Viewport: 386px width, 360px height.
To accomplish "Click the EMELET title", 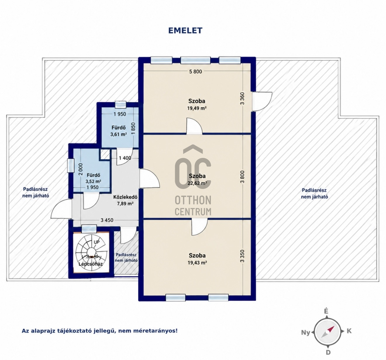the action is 185,30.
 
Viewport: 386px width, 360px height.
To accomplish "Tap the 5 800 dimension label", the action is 196,72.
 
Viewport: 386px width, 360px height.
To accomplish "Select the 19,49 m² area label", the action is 197,108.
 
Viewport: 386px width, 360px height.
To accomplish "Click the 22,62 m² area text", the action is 197,183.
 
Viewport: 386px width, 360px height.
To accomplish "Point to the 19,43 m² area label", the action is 197,263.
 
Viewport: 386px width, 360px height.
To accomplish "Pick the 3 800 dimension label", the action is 242,177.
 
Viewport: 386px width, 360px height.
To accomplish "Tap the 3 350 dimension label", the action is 242,256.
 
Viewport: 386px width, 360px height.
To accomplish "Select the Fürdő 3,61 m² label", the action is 118,131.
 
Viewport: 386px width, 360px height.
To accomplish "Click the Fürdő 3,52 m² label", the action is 94,178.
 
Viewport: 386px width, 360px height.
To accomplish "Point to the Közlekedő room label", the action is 125,197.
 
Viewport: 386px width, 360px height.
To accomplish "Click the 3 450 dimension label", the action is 107,220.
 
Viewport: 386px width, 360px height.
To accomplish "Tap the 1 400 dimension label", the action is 125,158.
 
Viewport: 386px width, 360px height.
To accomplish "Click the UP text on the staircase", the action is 96,242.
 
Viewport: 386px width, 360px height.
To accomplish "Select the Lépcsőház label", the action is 91,264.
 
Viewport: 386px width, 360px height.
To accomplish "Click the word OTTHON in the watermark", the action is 193,200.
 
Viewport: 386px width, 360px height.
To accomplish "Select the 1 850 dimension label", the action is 133,128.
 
